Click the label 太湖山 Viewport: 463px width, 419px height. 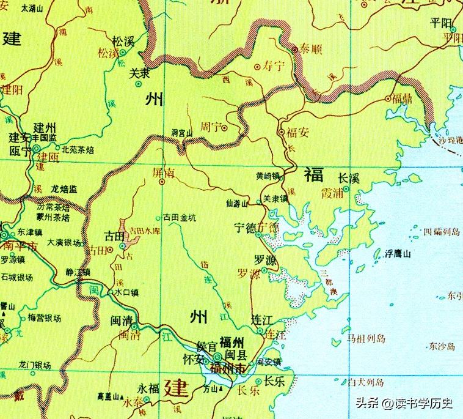pos(32,9)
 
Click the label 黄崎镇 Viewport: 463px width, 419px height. pos(268,176)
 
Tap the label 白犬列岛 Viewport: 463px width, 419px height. pos(366,382)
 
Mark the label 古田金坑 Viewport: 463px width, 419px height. pos(180,217)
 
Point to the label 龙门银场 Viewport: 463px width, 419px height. pos(35,365)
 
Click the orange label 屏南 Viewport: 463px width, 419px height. pos(163,173)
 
